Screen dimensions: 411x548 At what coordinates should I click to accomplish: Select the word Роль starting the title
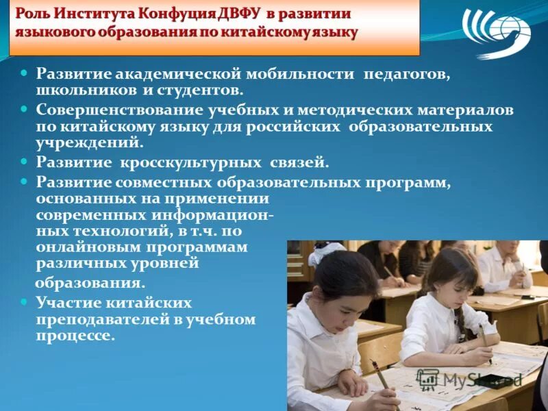pos(34,14)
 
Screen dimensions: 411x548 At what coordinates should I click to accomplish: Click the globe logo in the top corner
pos(496,33)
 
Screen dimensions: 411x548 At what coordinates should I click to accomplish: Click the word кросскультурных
pos(191,163)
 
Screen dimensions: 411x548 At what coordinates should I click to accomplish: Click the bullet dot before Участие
pos(24,301)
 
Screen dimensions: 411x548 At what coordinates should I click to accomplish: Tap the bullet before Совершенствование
pos(24,109)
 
